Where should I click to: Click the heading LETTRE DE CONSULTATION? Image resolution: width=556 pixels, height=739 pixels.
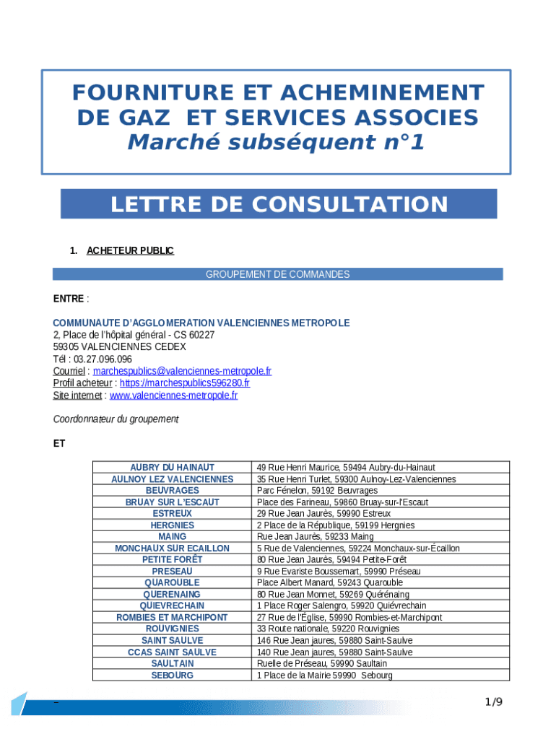pos(279,204)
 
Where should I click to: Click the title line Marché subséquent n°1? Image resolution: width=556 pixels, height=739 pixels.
pos(276,143)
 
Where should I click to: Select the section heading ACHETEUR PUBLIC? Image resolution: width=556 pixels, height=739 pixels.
pos(130,251)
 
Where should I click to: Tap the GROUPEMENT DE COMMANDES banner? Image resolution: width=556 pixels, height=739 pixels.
pos(278,274)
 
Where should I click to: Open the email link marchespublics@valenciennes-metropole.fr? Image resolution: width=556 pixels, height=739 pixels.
pos(183,371)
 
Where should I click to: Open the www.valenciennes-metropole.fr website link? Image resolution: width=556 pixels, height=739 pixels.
pos(173,395)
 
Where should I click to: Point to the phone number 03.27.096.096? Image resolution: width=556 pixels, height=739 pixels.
pos(103,359)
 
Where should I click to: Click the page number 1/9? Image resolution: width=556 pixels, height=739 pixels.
pos(493,702)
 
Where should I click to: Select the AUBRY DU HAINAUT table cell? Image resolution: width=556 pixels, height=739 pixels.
pos(172,468)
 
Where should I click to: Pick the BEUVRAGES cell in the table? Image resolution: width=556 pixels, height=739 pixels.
pos(172,491)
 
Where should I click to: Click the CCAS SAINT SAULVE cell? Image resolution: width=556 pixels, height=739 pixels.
pos(172,652)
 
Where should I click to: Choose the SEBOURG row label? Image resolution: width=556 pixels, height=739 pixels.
pos(172,675)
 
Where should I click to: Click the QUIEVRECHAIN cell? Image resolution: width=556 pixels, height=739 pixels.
pos(172,606)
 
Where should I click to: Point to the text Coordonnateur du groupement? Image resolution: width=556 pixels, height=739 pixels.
pos(116,419)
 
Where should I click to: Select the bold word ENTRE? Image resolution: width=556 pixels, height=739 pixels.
pos(68,299)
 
